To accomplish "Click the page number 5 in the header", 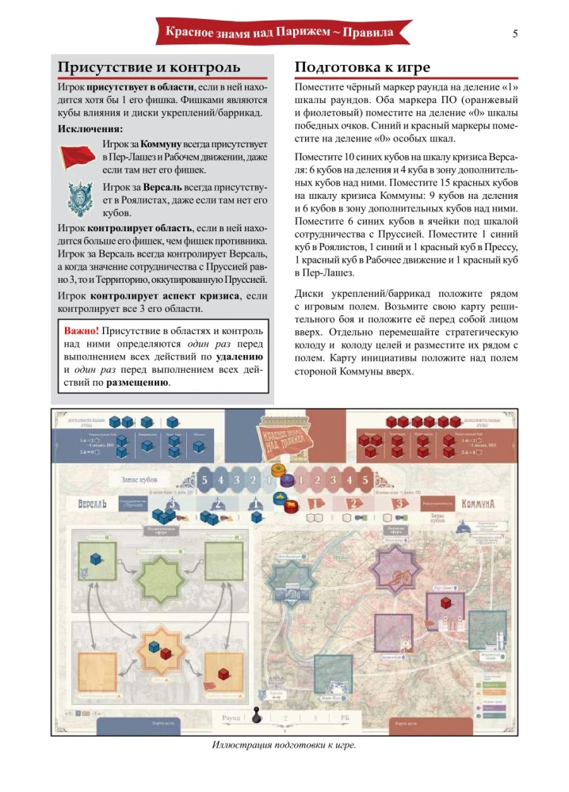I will click(516, 32).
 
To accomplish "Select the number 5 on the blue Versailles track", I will click(204, 480).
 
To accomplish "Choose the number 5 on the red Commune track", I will click(365, 480).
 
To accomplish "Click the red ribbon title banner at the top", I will click(284, 33).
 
